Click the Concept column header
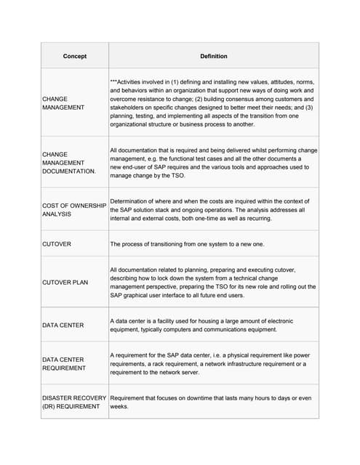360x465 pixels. click(75, 56)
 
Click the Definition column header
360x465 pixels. click(214, 56)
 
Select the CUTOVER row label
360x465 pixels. click(57, 244)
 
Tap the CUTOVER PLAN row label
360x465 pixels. click(65, 282)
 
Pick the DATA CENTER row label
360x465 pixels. click(63, 325)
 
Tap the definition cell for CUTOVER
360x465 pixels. click(187, 244)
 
